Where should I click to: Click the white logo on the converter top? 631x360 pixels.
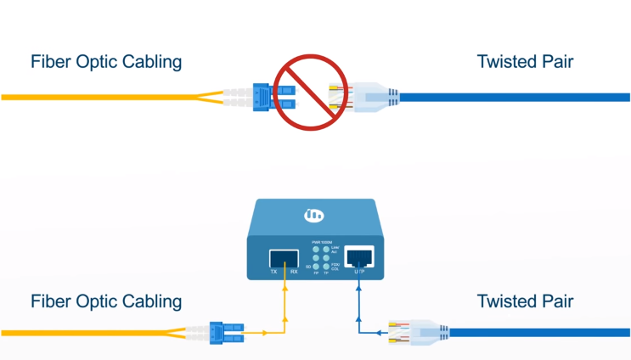pos(314,216)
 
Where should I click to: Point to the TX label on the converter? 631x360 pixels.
pos(273,272)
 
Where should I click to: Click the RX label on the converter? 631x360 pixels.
pos(293,272)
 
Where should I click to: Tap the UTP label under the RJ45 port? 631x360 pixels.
pos(360,272)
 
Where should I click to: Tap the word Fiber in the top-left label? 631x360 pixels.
pos(50,62)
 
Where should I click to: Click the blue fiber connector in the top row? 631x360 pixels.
pos(269,97)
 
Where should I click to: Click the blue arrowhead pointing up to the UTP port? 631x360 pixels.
pos(360,289)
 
